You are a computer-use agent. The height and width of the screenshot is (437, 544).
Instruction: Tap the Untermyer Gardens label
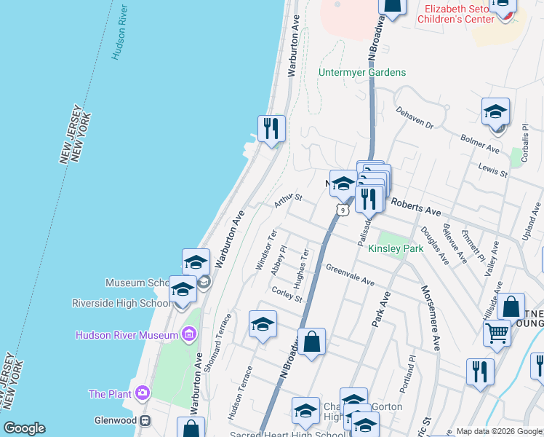(362, 73)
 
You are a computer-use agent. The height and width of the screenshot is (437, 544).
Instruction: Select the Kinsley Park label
(396, 249)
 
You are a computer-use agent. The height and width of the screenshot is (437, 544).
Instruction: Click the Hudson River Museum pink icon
(189, 334)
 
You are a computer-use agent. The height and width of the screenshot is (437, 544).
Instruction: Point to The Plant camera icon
(142, 394)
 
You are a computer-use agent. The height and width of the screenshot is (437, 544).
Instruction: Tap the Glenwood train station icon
(145, 420)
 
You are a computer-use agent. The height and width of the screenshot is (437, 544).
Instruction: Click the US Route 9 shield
(342, 210)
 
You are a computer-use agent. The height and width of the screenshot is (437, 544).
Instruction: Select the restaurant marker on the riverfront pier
(271, 129)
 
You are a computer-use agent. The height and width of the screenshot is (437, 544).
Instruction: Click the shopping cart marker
(497, 333)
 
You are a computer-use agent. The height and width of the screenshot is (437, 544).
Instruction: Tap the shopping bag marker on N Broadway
(311, 342)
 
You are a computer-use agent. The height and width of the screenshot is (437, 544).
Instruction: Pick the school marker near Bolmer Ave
(495, 112)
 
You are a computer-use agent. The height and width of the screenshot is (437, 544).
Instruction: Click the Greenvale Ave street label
(350, 275)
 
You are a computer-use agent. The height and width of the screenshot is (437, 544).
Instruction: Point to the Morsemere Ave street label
(430, 313)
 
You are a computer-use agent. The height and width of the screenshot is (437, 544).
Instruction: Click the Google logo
(24, 428)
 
